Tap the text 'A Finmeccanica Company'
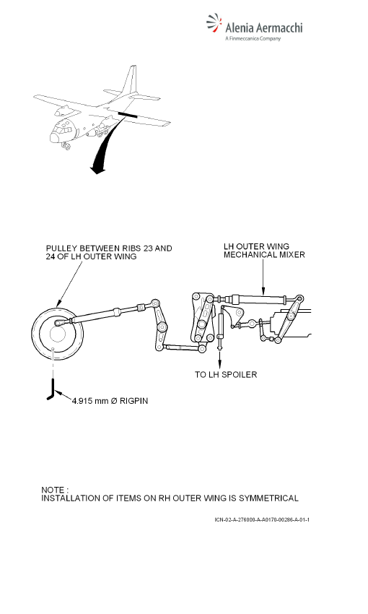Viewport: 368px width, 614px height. pyautogui.click(x=253, y=38)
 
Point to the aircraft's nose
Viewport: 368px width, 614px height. pyautogui.click(x=54, y=138)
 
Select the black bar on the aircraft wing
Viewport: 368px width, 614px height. pyautogui.click(x=128, y=114)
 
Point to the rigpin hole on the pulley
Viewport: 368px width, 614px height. pyautogui.click(x=53, y=348)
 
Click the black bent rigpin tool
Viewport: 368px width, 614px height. pyautogui.click(x=53, y=389)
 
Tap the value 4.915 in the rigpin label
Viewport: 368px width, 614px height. pyautogui.click(x=82, y=401)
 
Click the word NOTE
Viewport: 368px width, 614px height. pyautogui.click(x=53, y=490)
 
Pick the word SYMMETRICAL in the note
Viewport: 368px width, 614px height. pyautogui.click(x=268, y=498)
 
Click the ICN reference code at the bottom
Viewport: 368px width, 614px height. pyautogui.click(x=262, y=519)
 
